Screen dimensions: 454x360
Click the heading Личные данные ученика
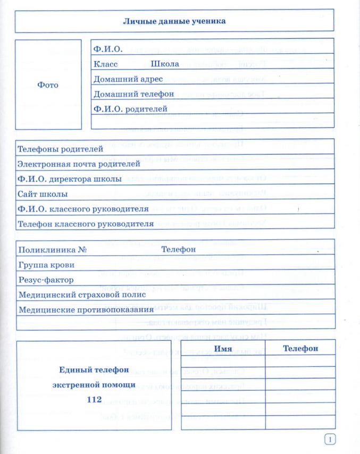[174, 21]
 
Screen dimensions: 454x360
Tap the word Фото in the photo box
[48, 85]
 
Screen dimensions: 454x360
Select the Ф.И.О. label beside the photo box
[108, 49]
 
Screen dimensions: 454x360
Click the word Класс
[105, 64]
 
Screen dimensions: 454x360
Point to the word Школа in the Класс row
[165, 64]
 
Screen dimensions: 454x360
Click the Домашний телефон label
[133, 94]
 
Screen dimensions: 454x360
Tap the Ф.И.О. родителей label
[130, 109]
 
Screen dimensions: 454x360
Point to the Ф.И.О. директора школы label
[70, 179]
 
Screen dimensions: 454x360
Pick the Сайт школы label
[43, 194]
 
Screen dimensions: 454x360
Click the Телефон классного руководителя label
[86, 224]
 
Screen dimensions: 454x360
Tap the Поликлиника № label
[52, 249]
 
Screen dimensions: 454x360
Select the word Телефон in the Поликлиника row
[179, 249]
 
